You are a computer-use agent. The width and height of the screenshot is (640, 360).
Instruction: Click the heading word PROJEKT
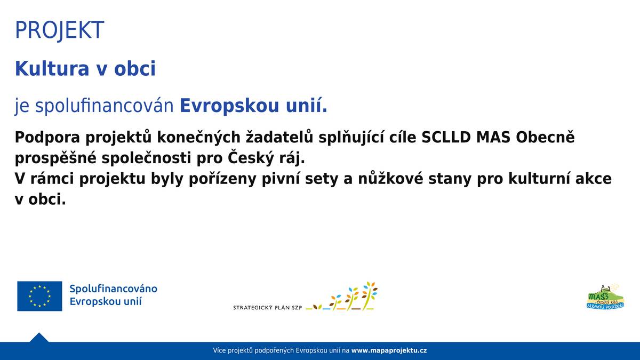[59, 30]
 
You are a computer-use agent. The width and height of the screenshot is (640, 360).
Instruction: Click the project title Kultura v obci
[85, 69]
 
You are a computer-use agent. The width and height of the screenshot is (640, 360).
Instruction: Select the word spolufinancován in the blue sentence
[105, 106]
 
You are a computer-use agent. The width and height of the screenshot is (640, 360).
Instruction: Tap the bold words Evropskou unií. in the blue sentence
[253, 106]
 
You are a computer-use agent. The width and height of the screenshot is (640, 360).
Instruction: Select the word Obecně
[545, 137]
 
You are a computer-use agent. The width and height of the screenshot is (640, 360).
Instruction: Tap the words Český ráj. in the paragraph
[266, 158]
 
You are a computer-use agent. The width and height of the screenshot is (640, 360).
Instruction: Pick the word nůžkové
[391, 179]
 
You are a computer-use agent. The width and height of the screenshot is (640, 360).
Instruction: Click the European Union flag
[39, 296]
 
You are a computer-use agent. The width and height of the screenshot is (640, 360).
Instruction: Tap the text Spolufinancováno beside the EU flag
[113, 289]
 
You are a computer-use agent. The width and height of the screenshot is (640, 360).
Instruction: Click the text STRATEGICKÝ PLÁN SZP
[267, 308]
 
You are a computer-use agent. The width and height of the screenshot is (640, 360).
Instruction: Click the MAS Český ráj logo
[605, 297]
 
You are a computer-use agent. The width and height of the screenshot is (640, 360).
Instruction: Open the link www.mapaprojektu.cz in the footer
[389, 350]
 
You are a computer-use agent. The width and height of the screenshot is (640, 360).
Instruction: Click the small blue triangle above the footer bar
[39, 338]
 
